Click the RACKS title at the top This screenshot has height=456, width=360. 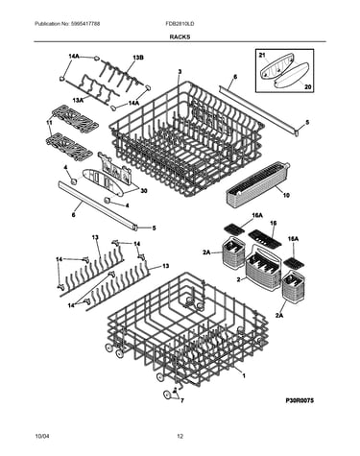coord(180,36)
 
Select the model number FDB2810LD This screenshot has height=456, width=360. coord(180,24)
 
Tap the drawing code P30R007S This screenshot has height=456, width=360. coord(300,400)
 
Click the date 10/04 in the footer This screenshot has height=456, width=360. coord(41,436)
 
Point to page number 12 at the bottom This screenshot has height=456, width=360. coord(180,436)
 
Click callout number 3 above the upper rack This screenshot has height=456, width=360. coord(180,72)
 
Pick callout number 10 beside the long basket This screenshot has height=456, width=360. coord(286,195)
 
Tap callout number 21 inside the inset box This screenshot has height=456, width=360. coord(262,56)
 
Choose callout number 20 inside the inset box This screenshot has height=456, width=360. coord(308,86)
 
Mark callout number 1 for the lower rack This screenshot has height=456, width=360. coord(244,375)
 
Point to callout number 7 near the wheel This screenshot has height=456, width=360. coord(182,400)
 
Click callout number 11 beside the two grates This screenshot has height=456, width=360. coord(49,122)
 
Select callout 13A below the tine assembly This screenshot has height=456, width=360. coord(78,101)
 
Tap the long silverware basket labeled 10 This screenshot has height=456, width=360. coord(257,183)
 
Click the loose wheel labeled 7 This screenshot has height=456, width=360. coord(166,395)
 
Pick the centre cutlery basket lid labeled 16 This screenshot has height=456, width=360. coord(265,238)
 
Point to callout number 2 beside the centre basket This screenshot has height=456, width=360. coord(238,279)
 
